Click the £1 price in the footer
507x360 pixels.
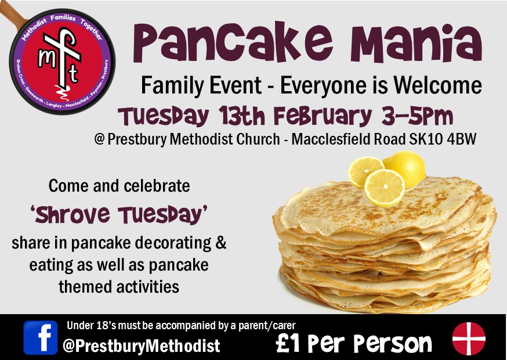click(289, 343)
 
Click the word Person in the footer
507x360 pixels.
click(396, 343)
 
